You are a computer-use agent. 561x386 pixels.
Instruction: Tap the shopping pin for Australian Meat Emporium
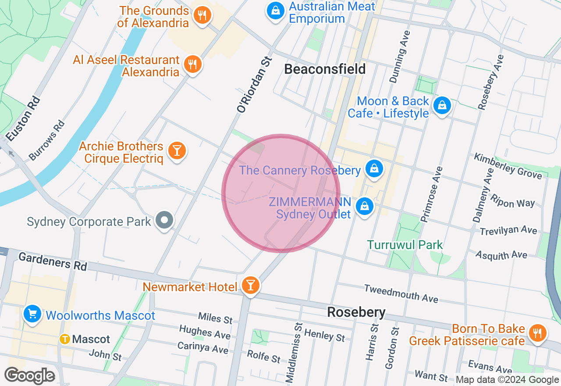(276, 11)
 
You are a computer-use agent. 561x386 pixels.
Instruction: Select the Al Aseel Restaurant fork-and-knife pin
(192, 64)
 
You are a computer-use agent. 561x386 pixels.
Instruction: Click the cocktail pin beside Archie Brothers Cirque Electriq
(177, 150)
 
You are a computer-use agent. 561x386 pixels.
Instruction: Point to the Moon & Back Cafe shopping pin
(442, 105)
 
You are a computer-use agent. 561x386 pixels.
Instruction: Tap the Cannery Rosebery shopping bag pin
(374, 168)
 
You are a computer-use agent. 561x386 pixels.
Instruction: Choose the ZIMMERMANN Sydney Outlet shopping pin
(364, 206)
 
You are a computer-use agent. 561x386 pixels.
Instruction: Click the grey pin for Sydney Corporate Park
(165, 220)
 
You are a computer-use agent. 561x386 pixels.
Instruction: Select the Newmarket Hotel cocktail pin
(250, 286)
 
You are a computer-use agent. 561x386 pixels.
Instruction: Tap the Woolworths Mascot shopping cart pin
(32, 314)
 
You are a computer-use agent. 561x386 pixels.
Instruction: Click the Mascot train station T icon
(65, 339)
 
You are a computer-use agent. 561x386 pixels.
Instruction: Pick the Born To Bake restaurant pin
(537, 333)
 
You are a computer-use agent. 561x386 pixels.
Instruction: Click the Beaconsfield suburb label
(325, 69)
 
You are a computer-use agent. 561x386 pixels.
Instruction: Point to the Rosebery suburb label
(356, 312)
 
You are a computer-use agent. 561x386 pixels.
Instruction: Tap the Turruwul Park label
(405, 245)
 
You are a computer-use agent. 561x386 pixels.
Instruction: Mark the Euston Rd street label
(24, 119)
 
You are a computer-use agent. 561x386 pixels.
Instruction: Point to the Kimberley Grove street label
(508, 166)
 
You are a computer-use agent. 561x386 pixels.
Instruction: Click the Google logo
(30, 375)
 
